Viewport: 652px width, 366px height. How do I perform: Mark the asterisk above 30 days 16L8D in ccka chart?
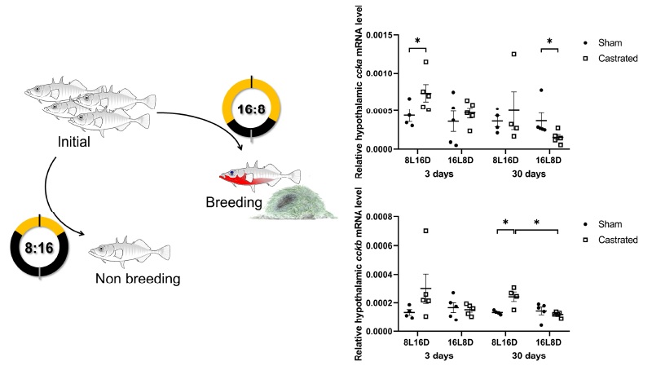549,41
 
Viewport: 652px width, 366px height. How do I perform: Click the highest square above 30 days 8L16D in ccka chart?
514,55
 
